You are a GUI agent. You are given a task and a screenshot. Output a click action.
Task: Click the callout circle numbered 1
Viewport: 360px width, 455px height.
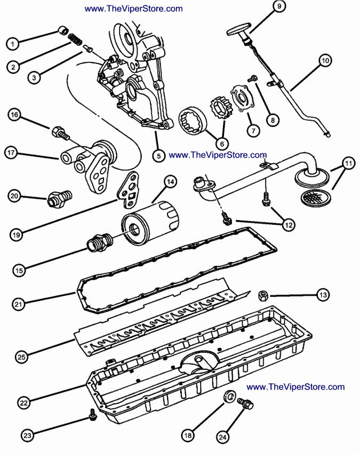[14, 42]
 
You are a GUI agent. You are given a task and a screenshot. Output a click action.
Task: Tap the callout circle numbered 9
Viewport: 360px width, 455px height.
[279, 7]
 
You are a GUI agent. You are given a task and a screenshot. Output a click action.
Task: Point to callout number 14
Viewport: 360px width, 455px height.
[170, 182]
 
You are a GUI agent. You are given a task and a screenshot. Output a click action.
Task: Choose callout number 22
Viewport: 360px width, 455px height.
[23, 403]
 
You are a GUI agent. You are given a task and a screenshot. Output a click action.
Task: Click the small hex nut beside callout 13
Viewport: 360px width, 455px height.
[262, 294]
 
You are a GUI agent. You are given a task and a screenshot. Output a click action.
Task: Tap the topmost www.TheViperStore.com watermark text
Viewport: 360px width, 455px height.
[133, 9]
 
